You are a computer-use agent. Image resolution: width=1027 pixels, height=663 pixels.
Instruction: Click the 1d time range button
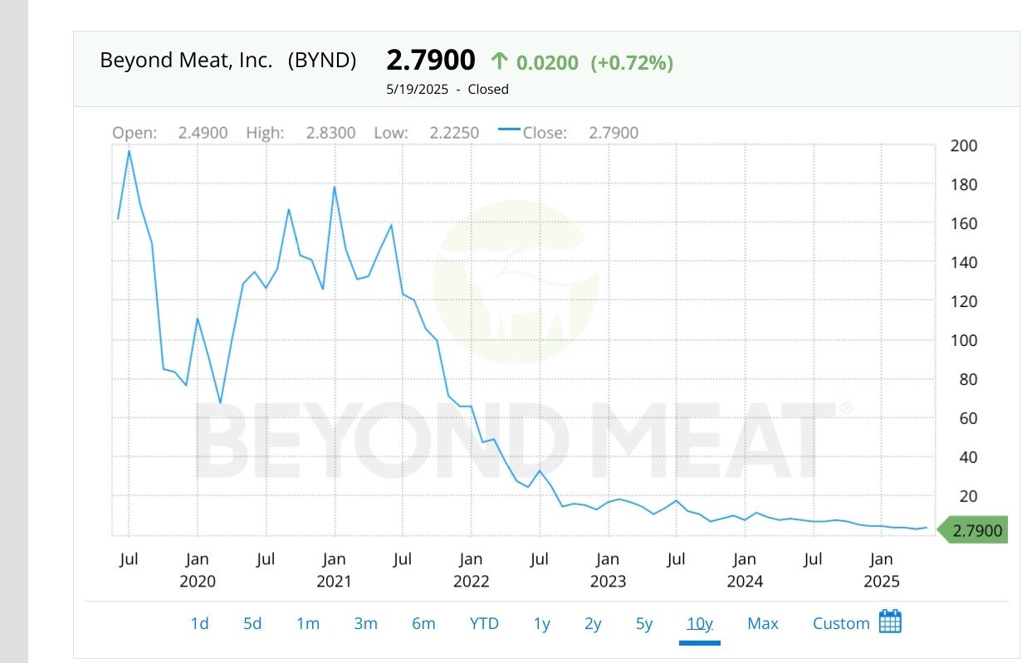(199, 623)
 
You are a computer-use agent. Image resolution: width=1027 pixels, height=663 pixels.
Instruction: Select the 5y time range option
(644, 623)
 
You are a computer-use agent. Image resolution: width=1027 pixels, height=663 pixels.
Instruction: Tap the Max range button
(762, 623)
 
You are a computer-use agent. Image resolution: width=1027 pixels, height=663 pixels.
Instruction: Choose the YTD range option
(484, 623)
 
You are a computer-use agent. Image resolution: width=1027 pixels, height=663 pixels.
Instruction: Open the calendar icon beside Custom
(889, 622)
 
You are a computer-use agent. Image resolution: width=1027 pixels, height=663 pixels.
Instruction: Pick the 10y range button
(700, 623)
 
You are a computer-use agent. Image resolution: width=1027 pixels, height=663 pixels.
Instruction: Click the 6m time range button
(423, 623)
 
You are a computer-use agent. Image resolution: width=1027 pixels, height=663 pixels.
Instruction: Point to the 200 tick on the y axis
(963, 146)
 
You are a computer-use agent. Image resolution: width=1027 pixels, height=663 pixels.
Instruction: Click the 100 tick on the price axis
(963, 340)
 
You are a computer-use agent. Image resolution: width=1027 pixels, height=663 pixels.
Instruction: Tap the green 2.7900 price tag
(973, 530)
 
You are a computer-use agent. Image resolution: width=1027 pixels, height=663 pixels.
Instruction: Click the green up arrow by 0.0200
(499, 61)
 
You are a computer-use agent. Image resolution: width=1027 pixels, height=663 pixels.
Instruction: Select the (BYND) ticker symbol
(322, 61)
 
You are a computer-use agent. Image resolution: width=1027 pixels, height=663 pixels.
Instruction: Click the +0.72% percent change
(632, 62)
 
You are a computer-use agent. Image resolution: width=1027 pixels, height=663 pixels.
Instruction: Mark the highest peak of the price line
(129, 151)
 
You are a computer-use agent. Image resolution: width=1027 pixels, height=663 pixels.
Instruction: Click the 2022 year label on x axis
(471, 582)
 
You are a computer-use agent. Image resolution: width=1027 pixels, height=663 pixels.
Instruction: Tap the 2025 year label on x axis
(881, 582)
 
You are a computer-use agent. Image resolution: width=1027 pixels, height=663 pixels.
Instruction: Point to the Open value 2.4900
(203, 133)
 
